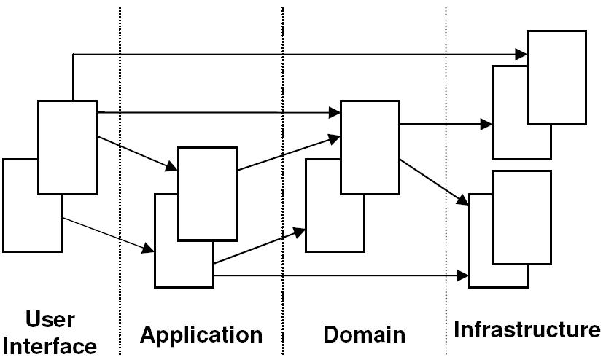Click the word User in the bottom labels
pos(50,320)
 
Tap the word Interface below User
pos(50,346)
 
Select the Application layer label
pos(201,335)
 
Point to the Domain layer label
pos(365,334)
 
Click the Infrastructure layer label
pos(527,329)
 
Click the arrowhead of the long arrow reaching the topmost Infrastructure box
pos(521,55)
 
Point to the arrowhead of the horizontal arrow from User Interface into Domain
pos(334,113)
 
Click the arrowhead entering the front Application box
pos(171,167)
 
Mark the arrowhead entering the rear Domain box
pos(299,232)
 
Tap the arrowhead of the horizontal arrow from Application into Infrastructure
pos(462,275)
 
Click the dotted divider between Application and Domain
pos(283,181)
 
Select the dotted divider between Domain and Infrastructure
pos(446,181)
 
